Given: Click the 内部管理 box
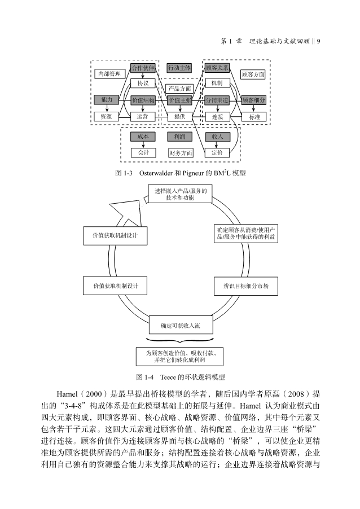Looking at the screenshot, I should tap(109, 74).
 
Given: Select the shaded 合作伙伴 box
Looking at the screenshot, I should tap(143, 68).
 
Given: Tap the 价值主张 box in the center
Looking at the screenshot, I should tap(180, 100).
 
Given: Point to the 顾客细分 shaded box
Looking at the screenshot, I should tap(253, 100).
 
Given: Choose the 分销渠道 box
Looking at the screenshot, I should tap(217, 100).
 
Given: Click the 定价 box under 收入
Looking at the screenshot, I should tap(217, 152).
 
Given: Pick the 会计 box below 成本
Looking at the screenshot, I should tap(143, 152).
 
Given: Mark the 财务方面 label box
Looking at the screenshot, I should tap(181, 152).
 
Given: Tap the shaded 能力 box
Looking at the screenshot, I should tap(106, 100).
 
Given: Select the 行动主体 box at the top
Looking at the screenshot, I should tap(180, 68).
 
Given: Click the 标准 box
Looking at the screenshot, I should tap(253, 117).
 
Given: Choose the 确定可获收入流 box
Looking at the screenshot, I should tap(180, 326).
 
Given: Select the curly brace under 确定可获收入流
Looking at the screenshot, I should tap(180, 340).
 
